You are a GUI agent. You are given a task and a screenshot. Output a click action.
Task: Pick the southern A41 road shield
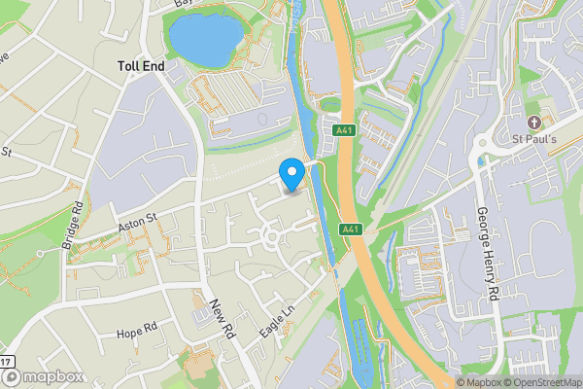pos(351,229)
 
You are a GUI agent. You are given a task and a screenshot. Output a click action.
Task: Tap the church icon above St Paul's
pos(533,123)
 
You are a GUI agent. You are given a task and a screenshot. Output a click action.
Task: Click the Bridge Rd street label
pos(73,227)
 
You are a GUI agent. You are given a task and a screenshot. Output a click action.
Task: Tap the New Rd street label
pos(223,317)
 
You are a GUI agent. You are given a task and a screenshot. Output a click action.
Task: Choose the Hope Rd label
pos(136,332)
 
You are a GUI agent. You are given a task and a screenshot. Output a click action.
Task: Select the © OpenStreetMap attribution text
pos(547,382)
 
